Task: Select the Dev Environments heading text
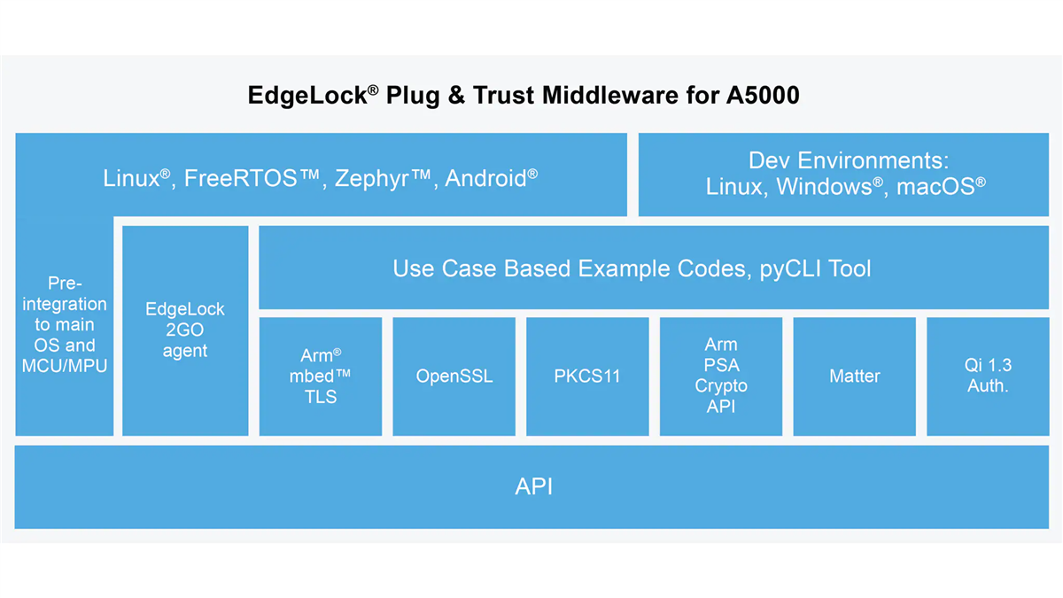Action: (849, 160)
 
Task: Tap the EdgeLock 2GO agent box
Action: (185, 330)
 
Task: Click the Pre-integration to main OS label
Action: (65, 324)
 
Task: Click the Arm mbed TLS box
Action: (320, 377)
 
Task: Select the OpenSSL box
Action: (454, 377)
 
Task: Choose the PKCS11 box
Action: (587, 377)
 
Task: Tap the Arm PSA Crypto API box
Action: (721, 377)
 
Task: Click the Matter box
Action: (854, 377)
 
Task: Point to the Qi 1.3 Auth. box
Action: (988, 377)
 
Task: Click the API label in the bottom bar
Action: (534, 486)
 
